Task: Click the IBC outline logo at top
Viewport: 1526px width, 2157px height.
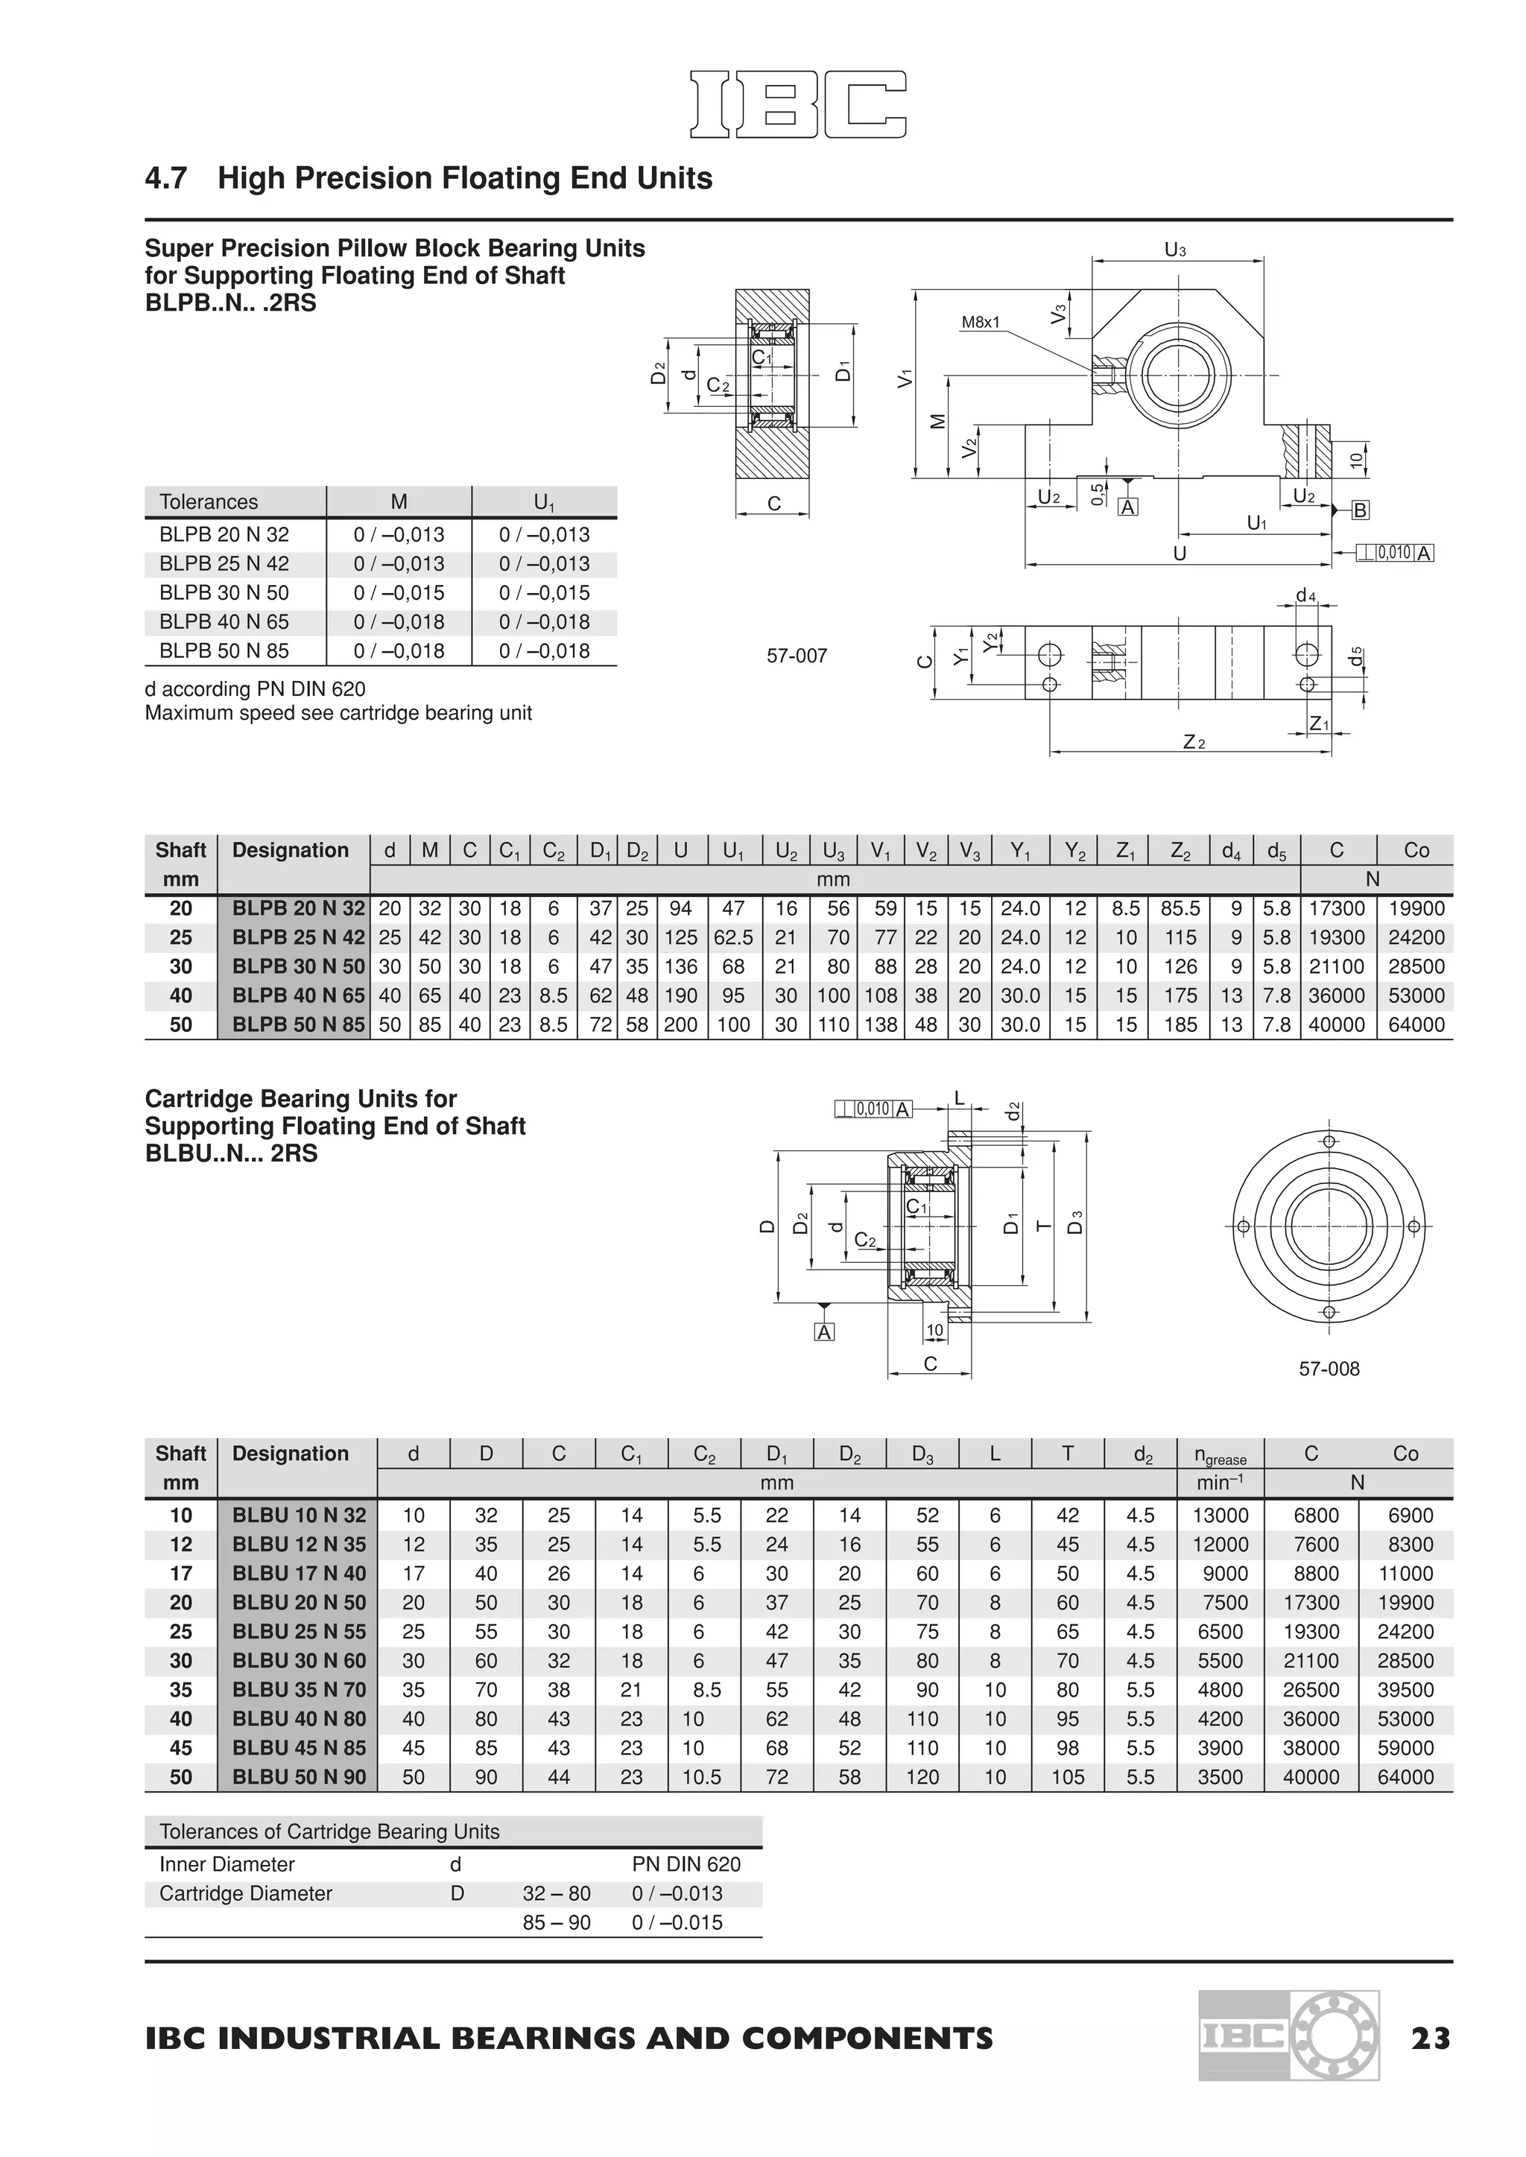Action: click(x=798, y=104)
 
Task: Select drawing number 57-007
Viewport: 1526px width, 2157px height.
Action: click(x=797, y=656)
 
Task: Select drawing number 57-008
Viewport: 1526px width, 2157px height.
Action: click(x=1329, y=1369)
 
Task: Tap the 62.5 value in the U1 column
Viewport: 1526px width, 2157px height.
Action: click(x=733, y=937)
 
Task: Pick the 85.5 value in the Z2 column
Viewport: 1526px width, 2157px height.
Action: click(x=1180, y=908)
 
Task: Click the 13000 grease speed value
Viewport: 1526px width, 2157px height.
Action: click(x=1220, y=1515)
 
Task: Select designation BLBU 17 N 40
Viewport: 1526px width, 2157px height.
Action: click(x=298, y=1574)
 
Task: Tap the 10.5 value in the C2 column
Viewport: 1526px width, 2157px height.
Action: click(x=701, y=1778)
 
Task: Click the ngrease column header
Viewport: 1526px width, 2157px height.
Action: click(x=1220, y=1455)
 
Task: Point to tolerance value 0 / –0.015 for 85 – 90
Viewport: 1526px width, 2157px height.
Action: click(x=677, y=1922)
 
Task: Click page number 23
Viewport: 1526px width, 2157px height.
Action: click(x=1430, y=2039)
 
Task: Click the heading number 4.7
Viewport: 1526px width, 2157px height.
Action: click(x=166, y=179)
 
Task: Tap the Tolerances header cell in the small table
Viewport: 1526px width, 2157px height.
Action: click(x=209, y=501)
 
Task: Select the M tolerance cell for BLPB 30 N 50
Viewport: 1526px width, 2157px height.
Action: click(x=399, y=593)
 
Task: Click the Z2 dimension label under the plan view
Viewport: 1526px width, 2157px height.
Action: click(x=1192, y=742)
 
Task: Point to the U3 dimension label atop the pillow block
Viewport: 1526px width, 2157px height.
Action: click(x=1174, y=250)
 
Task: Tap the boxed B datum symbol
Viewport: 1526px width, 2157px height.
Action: click(x=1360, y=510)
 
